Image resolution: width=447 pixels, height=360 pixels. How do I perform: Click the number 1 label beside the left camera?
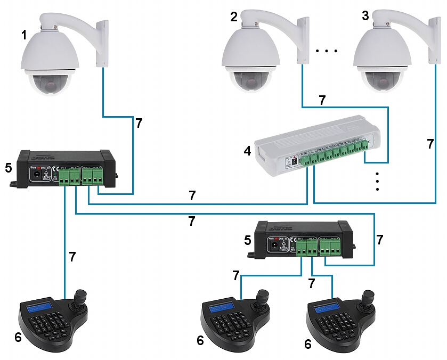pos(24,35)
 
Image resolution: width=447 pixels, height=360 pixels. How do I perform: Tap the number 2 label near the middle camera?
pos(234,17)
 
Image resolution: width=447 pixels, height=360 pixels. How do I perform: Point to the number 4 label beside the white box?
pos(247,151)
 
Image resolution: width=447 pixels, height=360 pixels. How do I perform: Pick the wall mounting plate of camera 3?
pos(434,39)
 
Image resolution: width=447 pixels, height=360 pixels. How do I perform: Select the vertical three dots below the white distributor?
pos(377,182)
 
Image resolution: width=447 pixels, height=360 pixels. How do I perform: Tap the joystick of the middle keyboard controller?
pos(263,298)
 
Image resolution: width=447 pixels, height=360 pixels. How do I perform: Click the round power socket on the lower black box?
pos(275,244)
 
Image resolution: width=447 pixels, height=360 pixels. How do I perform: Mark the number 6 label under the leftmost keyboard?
pos(18,337)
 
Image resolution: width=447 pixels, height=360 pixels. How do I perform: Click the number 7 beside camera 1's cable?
pos(139,124)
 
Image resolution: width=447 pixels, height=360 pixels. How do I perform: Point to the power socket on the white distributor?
pos(294,160)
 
